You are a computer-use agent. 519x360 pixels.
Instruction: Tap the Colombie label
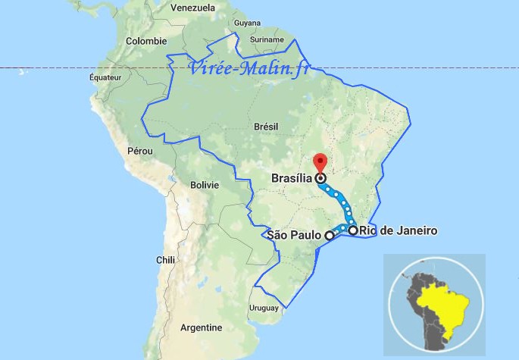146,41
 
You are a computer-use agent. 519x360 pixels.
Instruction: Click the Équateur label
105,77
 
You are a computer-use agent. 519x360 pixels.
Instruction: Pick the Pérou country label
140,151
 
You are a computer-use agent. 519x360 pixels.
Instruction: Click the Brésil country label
266,127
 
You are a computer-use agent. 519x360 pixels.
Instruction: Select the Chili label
166,259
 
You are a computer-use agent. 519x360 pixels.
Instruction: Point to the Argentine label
201,327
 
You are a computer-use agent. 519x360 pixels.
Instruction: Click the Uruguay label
264,308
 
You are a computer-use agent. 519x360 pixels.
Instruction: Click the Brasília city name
292,179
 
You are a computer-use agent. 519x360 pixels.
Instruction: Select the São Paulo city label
295,235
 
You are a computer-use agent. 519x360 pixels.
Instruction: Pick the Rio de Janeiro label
399,230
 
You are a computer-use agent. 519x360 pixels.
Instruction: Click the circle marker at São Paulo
329,236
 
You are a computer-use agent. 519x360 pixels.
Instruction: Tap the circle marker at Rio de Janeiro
353,230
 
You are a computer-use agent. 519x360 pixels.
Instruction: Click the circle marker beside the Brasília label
320,179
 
